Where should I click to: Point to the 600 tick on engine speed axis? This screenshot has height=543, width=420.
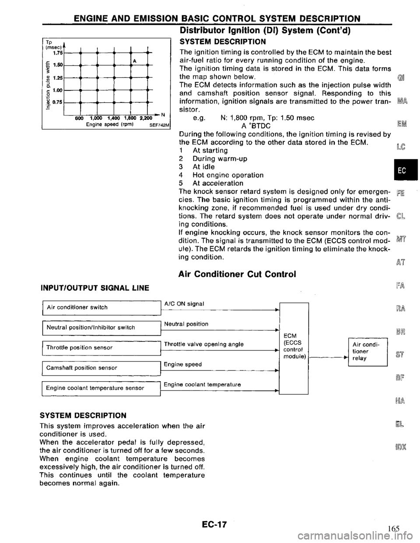click(79, 119)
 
